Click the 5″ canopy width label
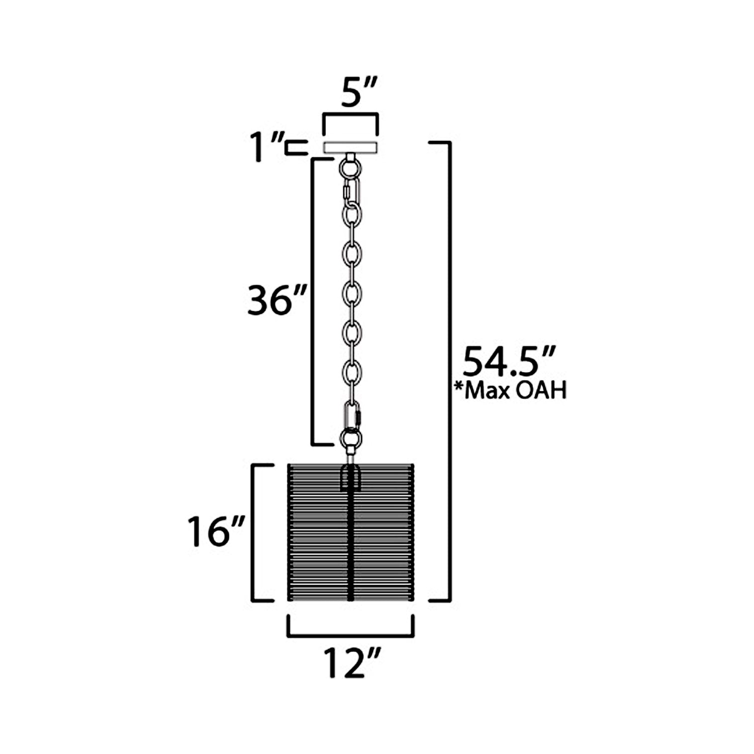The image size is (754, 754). pyautogui.click(x=358, y=93)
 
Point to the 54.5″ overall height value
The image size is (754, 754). pyautogui.click(x=508, y=361)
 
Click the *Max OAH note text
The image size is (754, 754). pyautogui.click(x=510, y=390)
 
